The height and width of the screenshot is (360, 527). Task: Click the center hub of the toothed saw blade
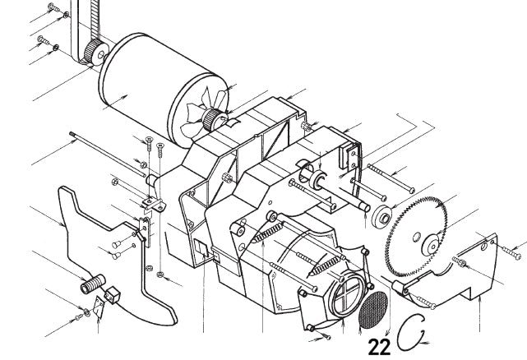[429, 244]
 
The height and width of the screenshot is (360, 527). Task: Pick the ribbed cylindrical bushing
[89, 287]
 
